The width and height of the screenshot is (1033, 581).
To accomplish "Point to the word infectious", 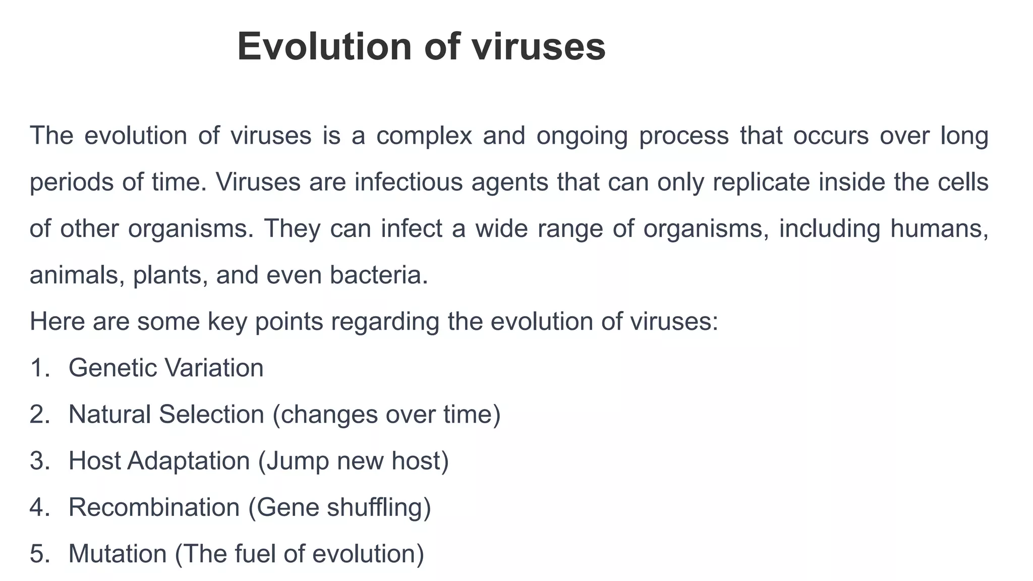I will point(409,182).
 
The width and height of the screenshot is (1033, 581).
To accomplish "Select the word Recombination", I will point(154,507).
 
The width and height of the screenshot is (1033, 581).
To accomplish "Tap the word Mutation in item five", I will point(118,554).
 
